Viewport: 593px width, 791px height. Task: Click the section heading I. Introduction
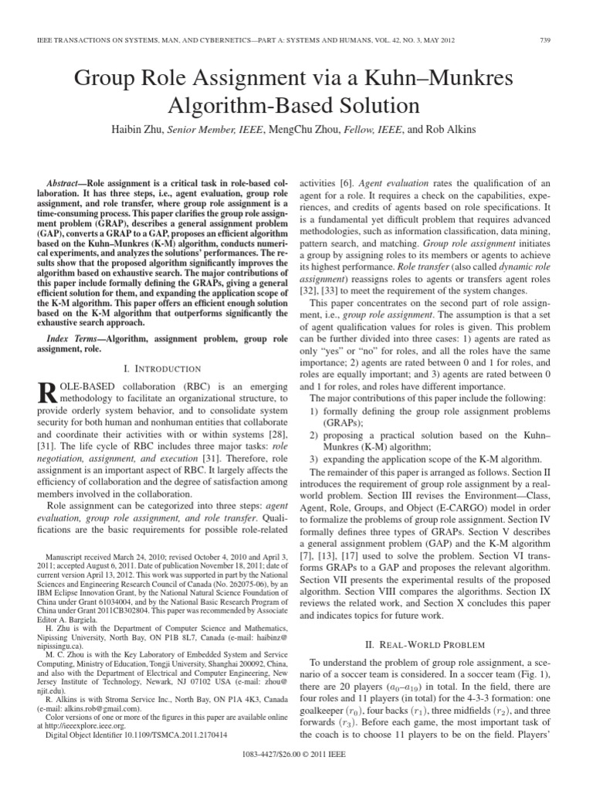[161, 348]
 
